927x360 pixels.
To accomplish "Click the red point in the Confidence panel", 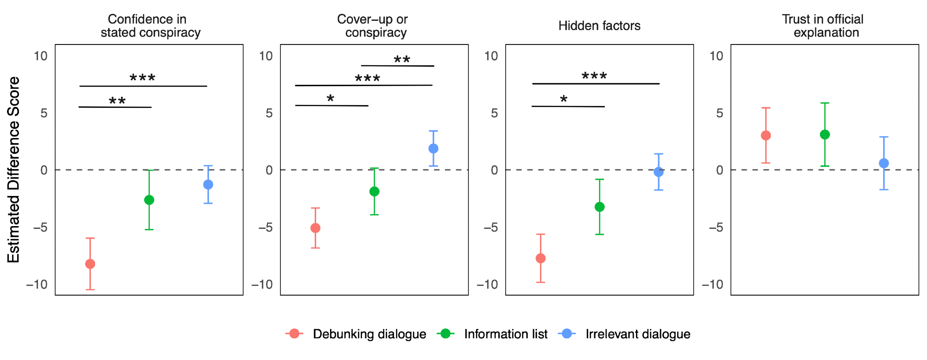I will pyautogui.click(x=90, y=264).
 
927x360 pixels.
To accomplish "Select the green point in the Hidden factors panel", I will pyautogui.click(x=599, y=207).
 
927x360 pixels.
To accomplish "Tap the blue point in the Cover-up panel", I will pyautogui.click(x=433, y=148).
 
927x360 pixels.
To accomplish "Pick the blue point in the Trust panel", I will pyautogui.click(x=884, y=163).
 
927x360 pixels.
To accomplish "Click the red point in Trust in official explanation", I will pyautogui.click(x=766, y=135).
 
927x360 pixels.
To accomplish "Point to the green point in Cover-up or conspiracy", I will pyautogui.click(x=375, y=191).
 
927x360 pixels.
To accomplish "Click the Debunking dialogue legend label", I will pyautogui.click(x=369, y=334).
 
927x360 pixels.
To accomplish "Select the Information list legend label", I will pyautogui.click(x=506, y=334).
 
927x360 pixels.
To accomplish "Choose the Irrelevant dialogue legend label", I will pyautogui.click(x=638, y=334).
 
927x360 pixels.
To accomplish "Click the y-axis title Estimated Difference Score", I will pyautogui.click(x=14, y=170).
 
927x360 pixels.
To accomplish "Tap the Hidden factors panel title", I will pyautogui.click(x=599, y=26).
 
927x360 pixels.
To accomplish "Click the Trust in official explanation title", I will pyautogui.click(x=825, y=26).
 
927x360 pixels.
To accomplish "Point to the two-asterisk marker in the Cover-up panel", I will pyautogui.click(x=402, y=60).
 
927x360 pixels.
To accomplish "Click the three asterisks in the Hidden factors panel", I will pyautogui.click(x=594, y=76).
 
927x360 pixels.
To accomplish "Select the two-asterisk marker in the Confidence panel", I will pyautogui.click(x=117, y=101).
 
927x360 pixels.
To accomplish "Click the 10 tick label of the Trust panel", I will pyautogui.click(x=716, y=56).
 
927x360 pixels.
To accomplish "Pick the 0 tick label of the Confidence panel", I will pyautogui.click(x=44, y=170).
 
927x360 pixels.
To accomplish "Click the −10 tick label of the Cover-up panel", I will pyautogui.click(x=262, y=284).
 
